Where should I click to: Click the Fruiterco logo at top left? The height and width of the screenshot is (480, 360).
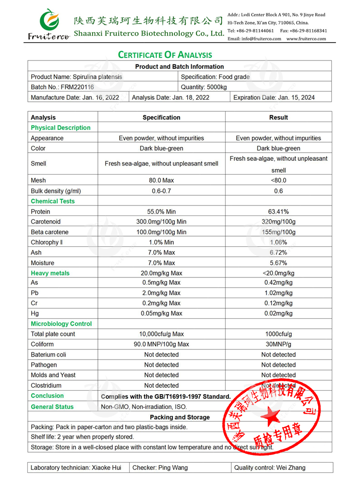pyautogui.click(x=48, y=24)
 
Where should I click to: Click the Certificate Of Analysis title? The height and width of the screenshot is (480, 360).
pyautogui.click(x=165, y=55)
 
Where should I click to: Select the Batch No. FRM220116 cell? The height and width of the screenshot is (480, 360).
pyautogui.click(x=62, y=87)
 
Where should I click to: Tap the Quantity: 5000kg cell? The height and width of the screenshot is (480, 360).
pyautogui.click(x=204, y=87)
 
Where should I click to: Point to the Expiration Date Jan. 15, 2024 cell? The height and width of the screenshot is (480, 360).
pyautogui.click(x=274, y=97)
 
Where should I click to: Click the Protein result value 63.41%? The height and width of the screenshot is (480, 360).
pyautogui.click(x=278, y=212)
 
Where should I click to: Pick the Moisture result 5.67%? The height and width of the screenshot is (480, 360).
pyautogui.click(x=278, y=263)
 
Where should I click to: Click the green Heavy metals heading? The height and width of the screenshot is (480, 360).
pyautogui.click(x=50, y=273)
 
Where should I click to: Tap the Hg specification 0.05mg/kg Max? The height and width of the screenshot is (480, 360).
pyautogui.click(x=161, y=313)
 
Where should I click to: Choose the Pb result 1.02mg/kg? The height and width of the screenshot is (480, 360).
pyautogui.click(x=278, y=293)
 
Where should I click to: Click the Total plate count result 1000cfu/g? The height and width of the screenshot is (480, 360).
pyautogui.click(x=278, y=334)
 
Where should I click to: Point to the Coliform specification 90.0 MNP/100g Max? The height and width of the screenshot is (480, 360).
pyautogui.click(x=161, y=344)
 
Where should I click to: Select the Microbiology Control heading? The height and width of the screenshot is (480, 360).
pyautogui.click(x=61, y=324)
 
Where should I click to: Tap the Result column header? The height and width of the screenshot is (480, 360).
pyautogui.click(x=278, y=118)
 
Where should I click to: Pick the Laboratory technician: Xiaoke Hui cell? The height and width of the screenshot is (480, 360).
pyautogui.click(x=76, y=468)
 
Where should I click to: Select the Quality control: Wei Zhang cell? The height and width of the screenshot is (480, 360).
pyautogui.click(x=270, y=468)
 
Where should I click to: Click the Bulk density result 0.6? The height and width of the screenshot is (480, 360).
pyautogui.click(x=278, y=191)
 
